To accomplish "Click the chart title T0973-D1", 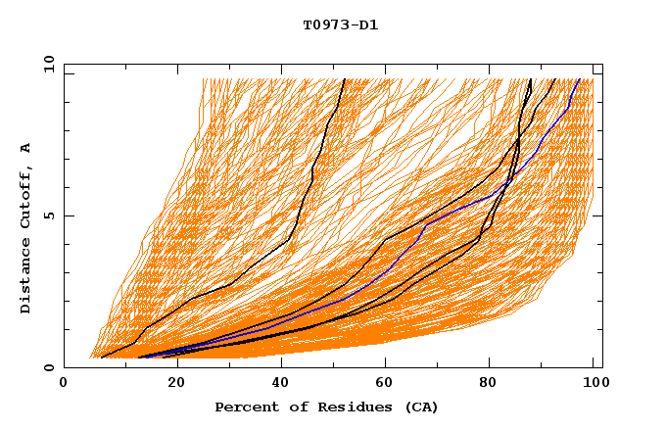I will tap(340, 25).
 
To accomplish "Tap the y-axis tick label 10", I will tap(47, 64).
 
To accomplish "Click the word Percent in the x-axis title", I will tap(244, 407).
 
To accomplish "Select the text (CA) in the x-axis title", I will tap(421, 407).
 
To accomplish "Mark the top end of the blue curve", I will tap(579, 79).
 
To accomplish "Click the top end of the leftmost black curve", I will tap(344, 79).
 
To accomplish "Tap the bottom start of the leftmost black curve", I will tap(101, 358).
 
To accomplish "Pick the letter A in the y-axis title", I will tap(26, 148).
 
